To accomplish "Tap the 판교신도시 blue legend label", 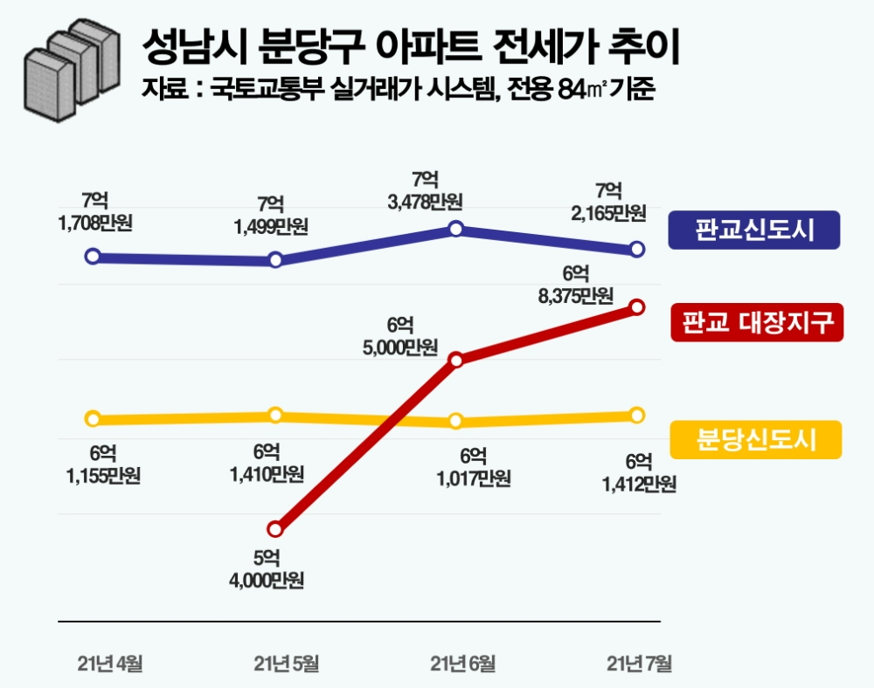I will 754,230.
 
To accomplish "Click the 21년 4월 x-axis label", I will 109,664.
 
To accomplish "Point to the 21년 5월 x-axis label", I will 286,664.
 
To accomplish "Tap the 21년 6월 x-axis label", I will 463,664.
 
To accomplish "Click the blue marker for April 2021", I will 92,257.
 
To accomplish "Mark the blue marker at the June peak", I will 455,229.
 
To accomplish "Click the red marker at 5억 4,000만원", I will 275,529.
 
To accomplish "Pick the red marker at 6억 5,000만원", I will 455,359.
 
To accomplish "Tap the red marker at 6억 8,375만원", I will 637,306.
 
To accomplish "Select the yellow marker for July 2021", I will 637,415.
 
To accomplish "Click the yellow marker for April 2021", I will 92,418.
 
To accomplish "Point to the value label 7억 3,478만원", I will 425,190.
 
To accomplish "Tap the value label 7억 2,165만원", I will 608,201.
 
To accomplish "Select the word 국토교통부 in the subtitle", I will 257,89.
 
